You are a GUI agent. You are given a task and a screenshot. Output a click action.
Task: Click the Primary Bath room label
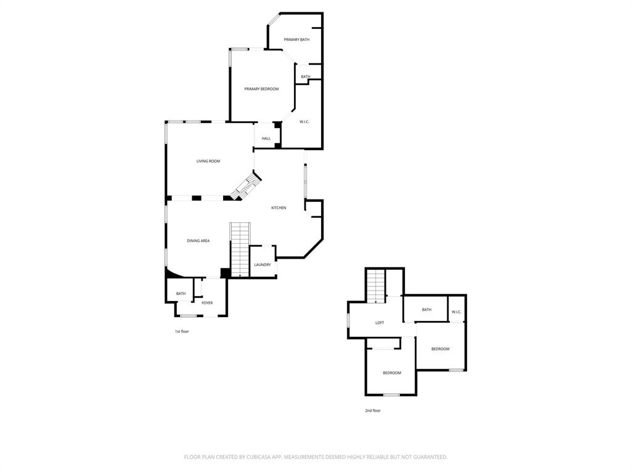pos(296,39)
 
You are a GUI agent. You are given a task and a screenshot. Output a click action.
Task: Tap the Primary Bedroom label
pos(261,89)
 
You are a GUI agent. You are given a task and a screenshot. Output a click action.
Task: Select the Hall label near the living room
pos(266,139)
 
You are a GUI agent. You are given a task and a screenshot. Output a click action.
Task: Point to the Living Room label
pos(208,161)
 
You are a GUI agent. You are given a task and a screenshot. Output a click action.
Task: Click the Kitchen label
pos(279,208)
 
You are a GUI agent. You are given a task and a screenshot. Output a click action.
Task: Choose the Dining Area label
pos(198,241)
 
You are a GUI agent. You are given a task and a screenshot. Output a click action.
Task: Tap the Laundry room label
pos(263,265)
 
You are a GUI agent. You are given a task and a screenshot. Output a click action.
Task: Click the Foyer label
pos(207,303)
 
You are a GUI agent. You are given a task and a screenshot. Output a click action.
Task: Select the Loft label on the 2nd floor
pos(380,323)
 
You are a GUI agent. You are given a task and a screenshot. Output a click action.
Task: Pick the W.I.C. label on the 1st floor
pos(304,122)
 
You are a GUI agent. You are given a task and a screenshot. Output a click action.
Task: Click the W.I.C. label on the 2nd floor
pos(457,312)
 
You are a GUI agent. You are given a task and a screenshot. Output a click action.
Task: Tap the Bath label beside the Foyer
pos(181,294)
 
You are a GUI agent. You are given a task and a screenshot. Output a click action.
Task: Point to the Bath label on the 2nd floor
pos(426,310)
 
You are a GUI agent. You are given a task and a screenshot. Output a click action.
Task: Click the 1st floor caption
pos(181,331)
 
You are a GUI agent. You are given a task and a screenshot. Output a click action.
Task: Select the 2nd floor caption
pos(373,411)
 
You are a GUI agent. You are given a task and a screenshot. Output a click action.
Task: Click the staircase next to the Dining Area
pos(240,249)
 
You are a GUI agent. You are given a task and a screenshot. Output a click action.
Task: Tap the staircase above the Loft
pos(376,285)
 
